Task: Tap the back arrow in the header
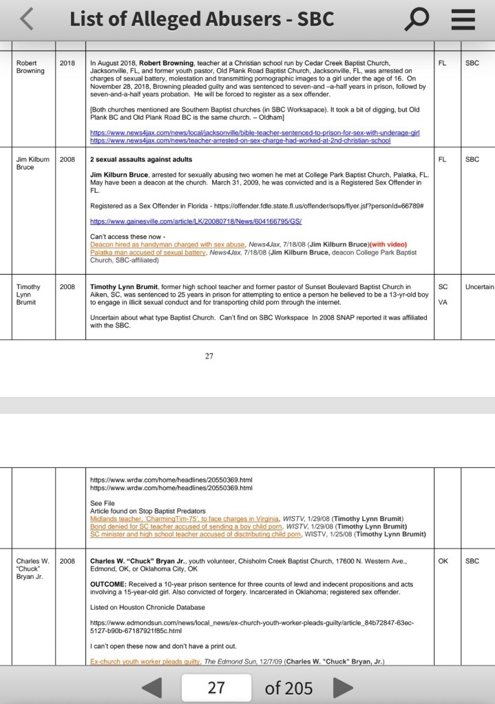tap(27, 20)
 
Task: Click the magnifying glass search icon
tap(417, 20)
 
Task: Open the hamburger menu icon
tap(463, 20)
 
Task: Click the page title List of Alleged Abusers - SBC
tap(202, 19)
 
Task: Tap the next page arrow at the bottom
tap(341, 687)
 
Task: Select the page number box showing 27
tap(216, 687)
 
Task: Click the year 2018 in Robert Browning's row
tap(67, 63)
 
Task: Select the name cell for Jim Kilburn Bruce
tap(32, 162)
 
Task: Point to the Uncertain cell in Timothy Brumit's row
tap(479, 287)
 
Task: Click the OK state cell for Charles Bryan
tap(443, 561)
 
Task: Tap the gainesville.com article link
tap(196, 222)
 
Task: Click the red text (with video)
tap(388, 245)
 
